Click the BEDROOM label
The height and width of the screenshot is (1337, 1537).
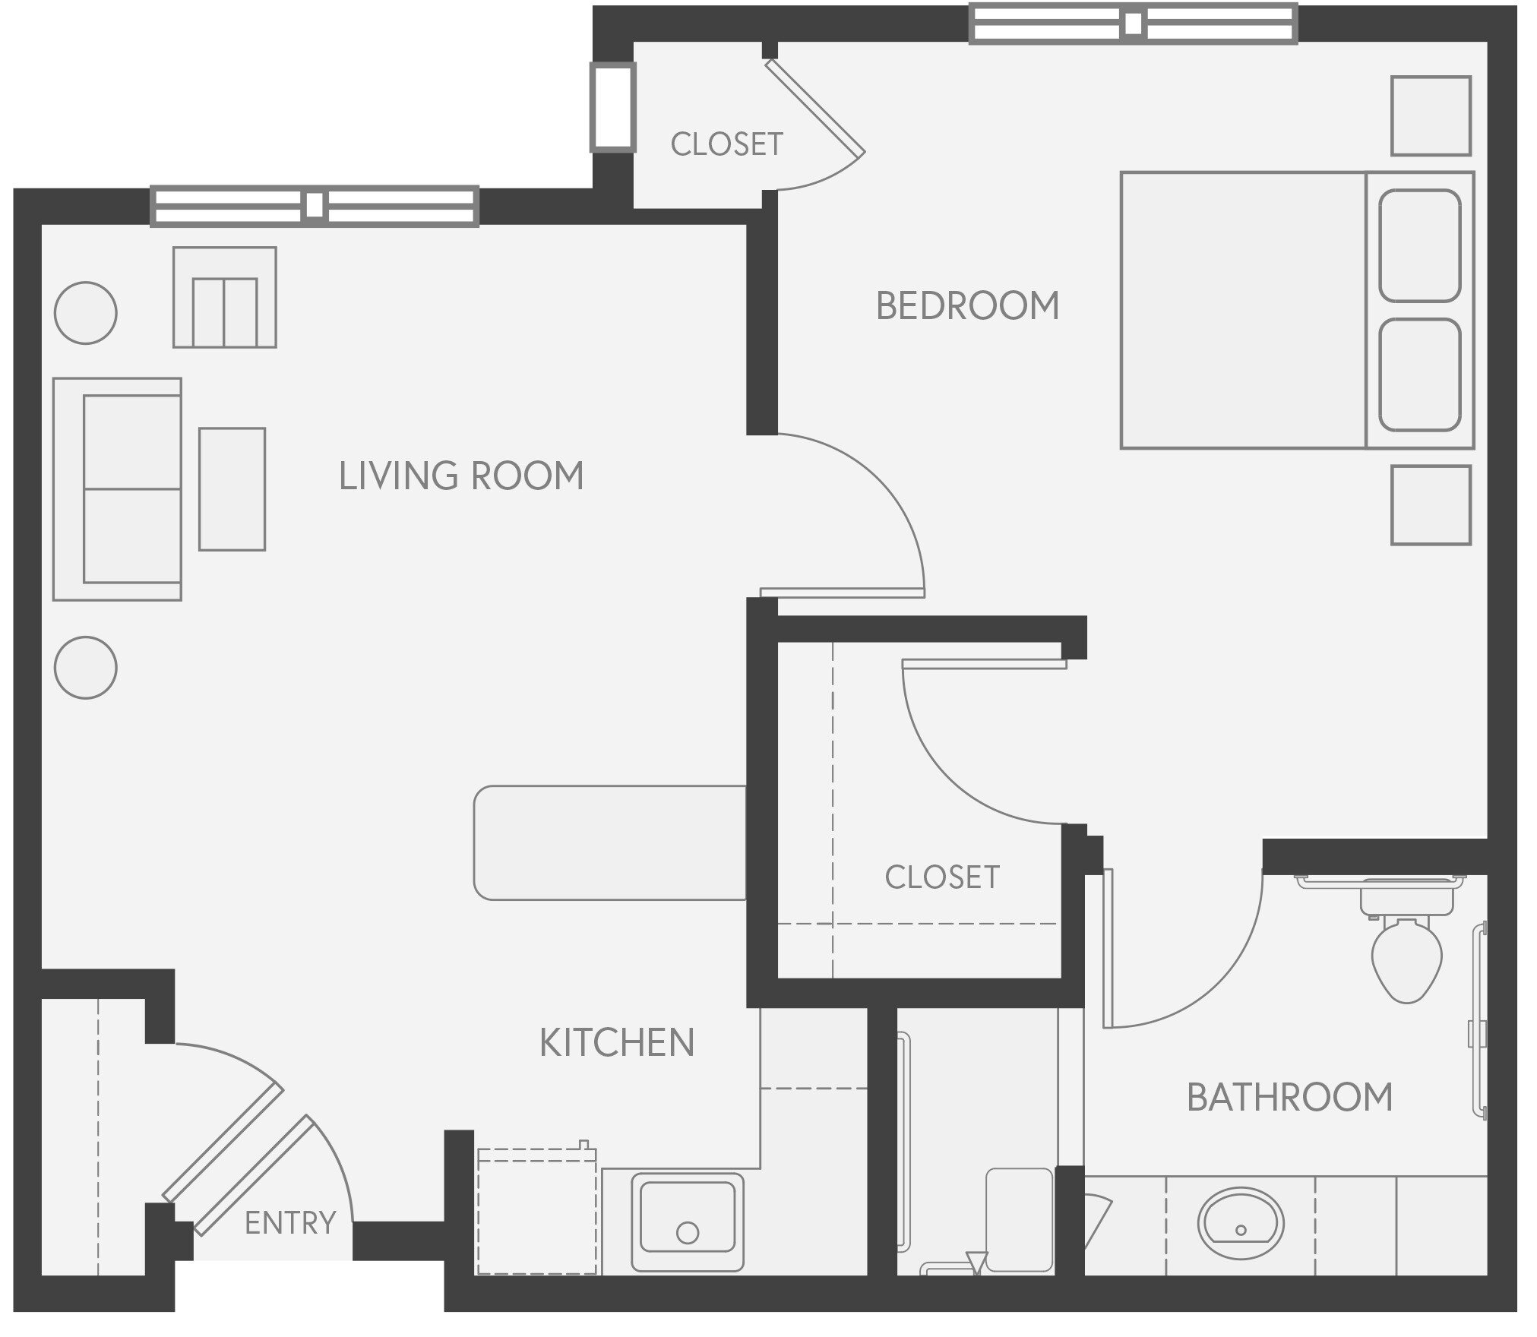[966, 305]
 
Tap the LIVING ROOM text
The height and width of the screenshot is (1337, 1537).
[460, 476]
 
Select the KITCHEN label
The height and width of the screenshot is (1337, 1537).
[616, 1043]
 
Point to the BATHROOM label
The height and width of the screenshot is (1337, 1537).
[1289, 1098]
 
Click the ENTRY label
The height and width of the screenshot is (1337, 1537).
[289, 1223]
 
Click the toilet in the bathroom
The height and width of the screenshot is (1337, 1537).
[1406, 959]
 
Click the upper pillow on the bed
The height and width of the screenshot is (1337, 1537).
[1418, 245]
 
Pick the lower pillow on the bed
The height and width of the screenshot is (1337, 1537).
[1418, 375]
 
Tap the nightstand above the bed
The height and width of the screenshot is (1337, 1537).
[1430, 115]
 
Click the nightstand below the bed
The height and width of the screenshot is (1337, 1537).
[1430, 505]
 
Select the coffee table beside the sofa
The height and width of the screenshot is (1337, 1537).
[232, 488]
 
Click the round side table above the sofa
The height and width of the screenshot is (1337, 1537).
[86, 312]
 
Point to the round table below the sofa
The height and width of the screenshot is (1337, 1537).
[86, 667]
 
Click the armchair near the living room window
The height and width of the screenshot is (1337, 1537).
[224, 298]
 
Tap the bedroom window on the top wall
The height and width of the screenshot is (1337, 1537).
[1132, 24]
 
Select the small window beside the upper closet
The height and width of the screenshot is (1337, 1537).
[612, 107]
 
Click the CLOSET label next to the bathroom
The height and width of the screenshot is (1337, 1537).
[941, 877]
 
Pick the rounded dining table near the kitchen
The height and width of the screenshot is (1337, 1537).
[609, 842]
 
